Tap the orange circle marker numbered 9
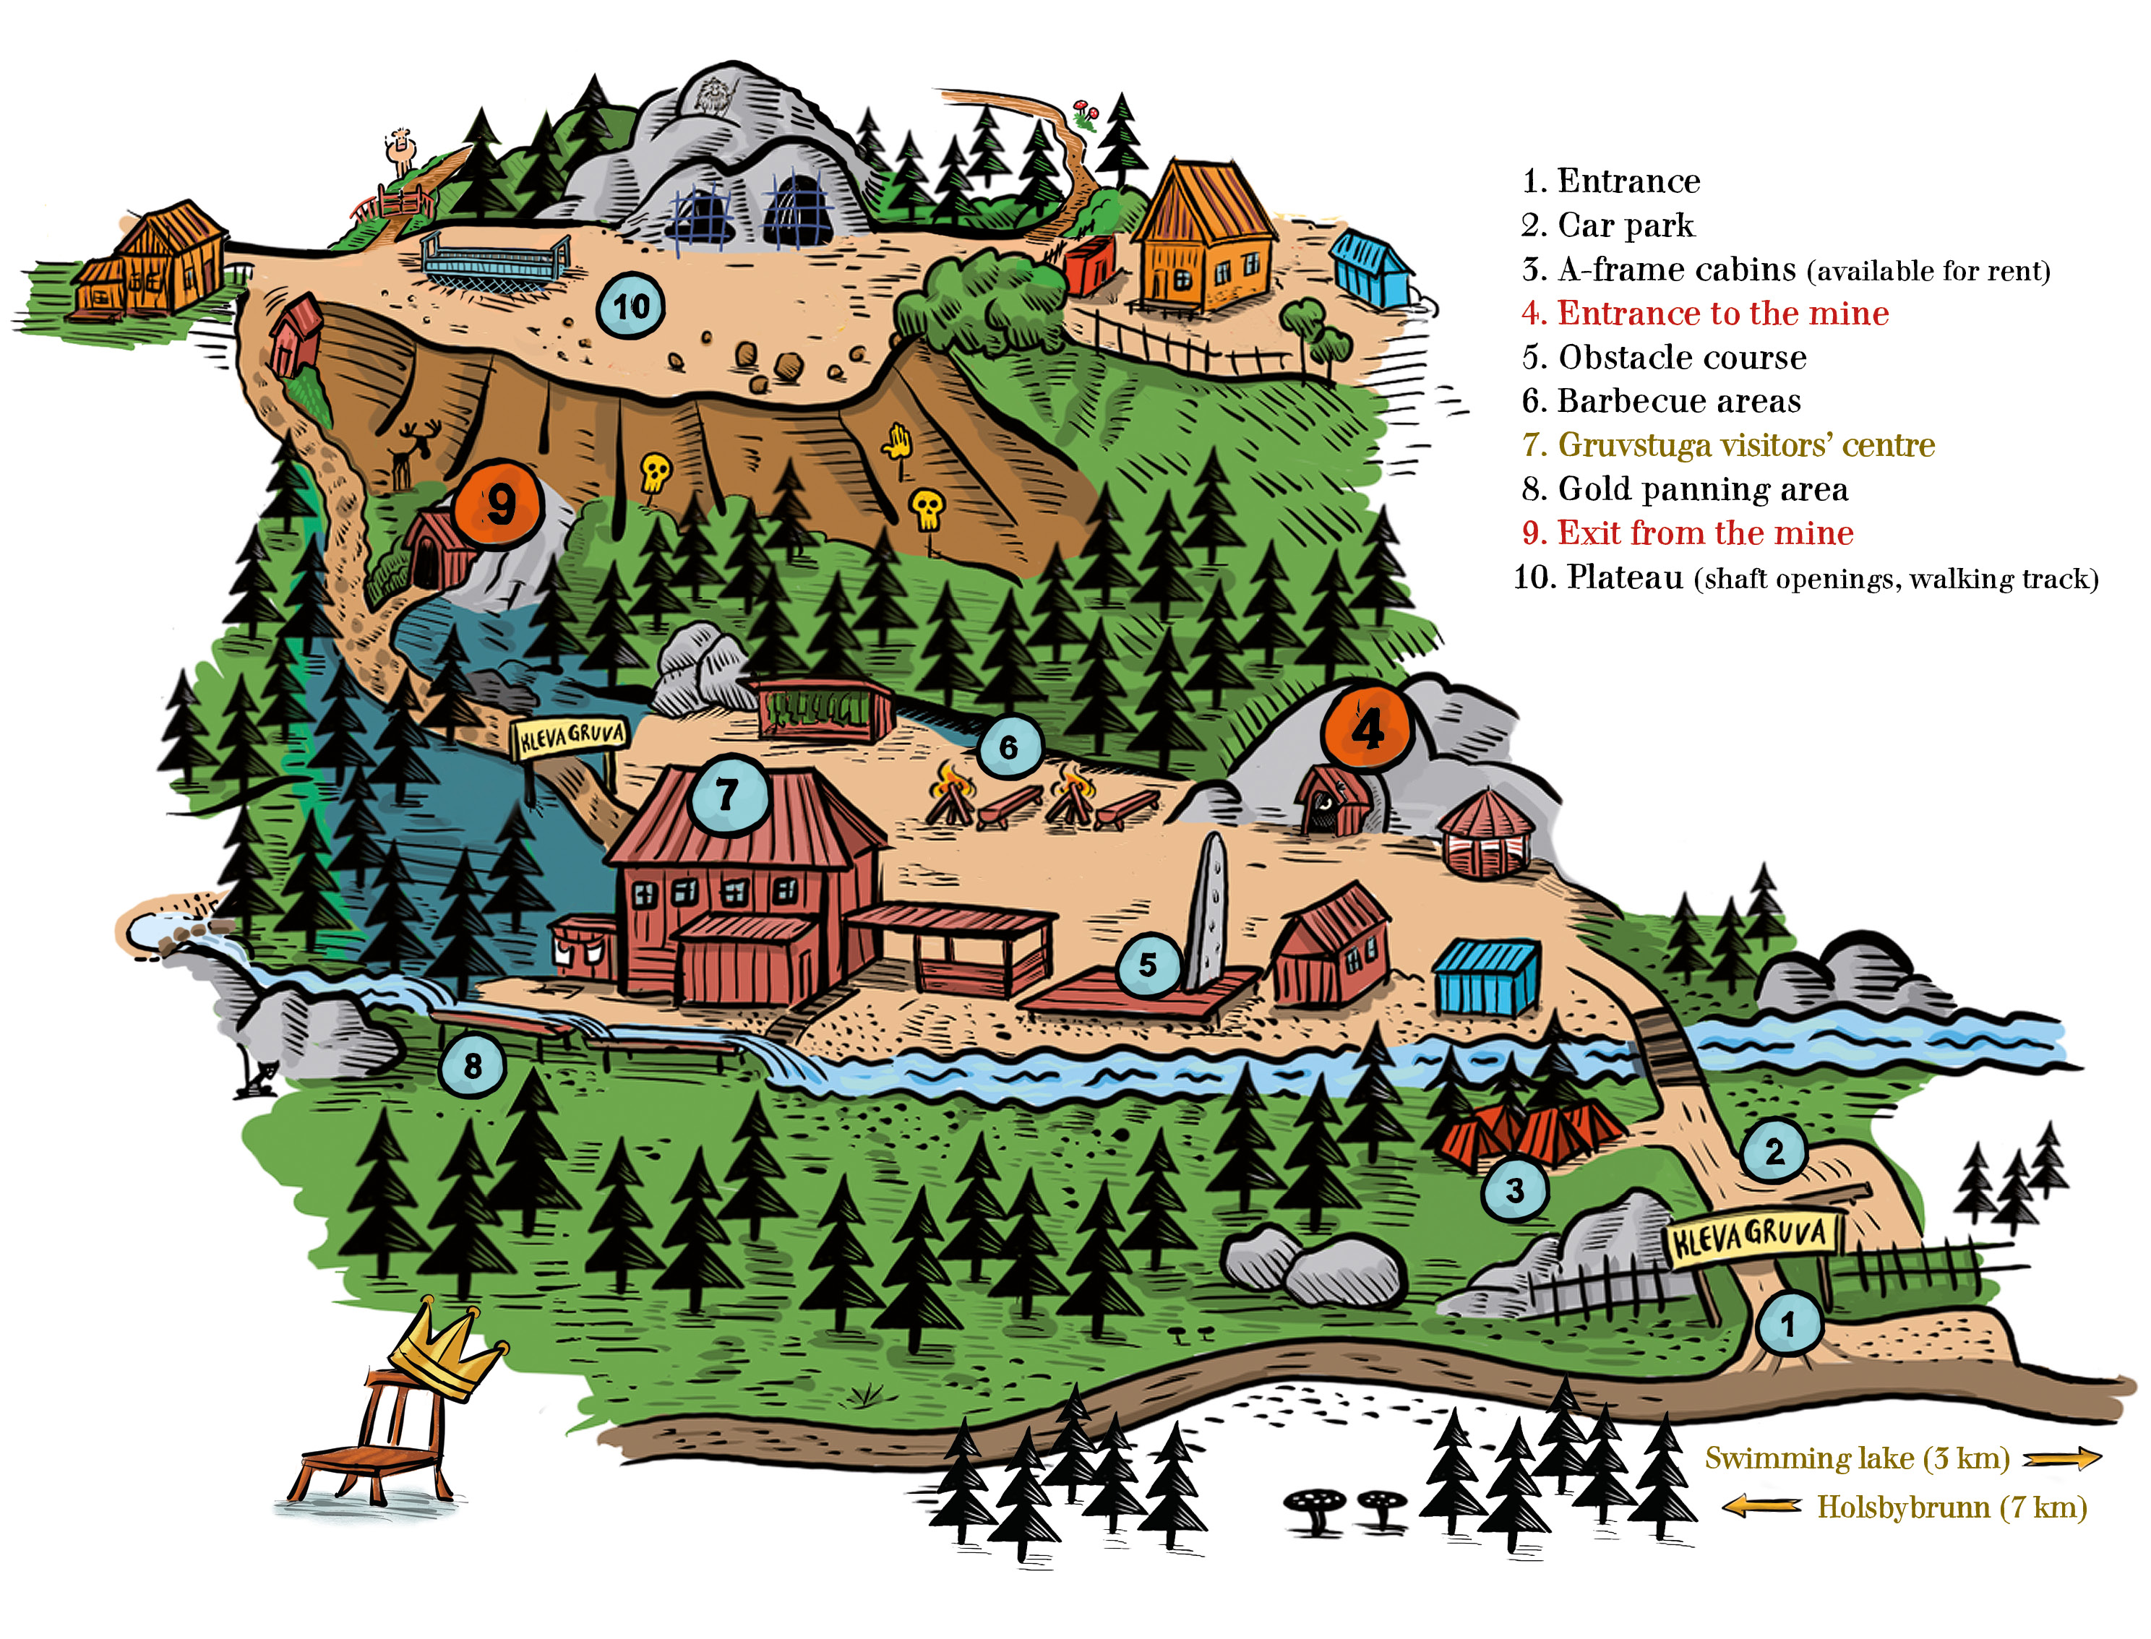click(499, 504)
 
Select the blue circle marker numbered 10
click(630, 306)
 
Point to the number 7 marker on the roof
click(729, 794)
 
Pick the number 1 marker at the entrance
click(1788, 1324)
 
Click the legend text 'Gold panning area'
click(1685, 489)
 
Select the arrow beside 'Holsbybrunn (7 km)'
click(1761, 1507)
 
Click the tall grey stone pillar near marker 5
click(1208, 911)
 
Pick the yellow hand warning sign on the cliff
click(896, 444)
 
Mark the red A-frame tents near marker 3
click(1529, 1132)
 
